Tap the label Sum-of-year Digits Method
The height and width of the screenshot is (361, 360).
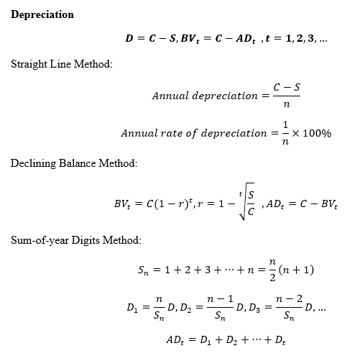[75, 239]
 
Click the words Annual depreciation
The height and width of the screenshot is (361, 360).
[204, 96]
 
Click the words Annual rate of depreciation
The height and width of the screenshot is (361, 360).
[193, 134]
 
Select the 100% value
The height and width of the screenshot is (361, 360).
[316, 134]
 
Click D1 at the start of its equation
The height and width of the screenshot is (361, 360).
[133, 308]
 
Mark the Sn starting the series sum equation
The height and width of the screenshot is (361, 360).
[143, 271]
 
